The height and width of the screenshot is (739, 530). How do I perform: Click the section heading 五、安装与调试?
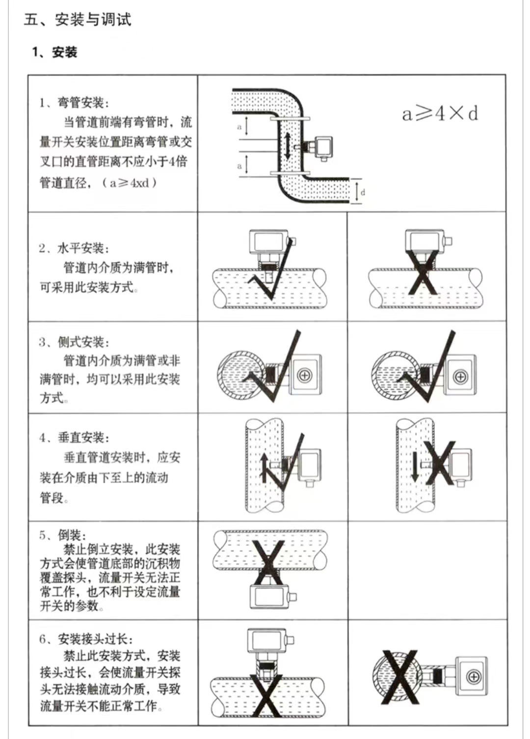pyautogui.click(x=78, y=20)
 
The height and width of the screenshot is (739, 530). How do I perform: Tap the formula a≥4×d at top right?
pyautogui.click(x=440, y=113)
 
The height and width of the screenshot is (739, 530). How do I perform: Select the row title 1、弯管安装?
pyautogui.click(x=74, y=103)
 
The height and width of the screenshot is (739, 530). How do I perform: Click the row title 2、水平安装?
pyautogui.click(x=74, y=248)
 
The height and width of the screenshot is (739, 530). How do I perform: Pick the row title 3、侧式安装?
pyautogui.click(x=74, y=342)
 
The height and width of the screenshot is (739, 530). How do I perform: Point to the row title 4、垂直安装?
pyautogui.click(x=74, y=438)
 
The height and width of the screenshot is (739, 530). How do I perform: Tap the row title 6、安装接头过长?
pyautogui.click(x=86, y=639)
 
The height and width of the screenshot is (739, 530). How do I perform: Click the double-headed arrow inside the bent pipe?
pyautogui.click(x=288, y=146)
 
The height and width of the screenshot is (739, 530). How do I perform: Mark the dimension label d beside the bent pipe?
pyautogui.click(x=363, y=192)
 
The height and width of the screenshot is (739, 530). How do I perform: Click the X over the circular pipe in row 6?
pyautogui.click(x=399, y=677)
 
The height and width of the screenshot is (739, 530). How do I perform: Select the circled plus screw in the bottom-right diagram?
pyautogui.click(x=474, y=678)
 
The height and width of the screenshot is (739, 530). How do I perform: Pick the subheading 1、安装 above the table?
pyautogui.click(x=54, y=52)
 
